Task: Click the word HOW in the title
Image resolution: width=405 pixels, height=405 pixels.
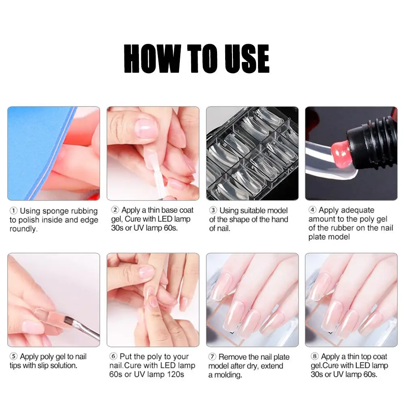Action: click(x=151, y=59)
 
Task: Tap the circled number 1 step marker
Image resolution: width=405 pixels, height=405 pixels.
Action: click(x=14, y=211)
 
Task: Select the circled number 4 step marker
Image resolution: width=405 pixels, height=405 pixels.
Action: click(x=313, y=210)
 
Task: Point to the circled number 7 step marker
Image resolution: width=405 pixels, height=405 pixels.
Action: click(x=213, y=357)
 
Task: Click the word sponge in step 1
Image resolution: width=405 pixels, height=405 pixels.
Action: click(x=55, y=211)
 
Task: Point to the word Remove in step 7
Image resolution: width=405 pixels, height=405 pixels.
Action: click(x=233, y=357)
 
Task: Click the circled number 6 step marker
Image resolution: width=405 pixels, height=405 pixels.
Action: click(x=114, y=357)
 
